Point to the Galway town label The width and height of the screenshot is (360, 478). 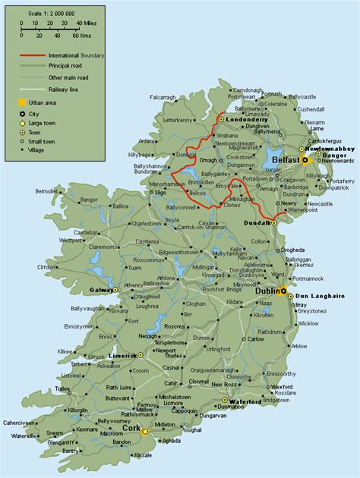[99, 290]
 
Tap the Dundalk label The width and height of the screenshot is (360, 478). [257, 222]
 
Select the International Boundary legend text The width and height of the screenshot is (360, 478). [75, 57]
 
